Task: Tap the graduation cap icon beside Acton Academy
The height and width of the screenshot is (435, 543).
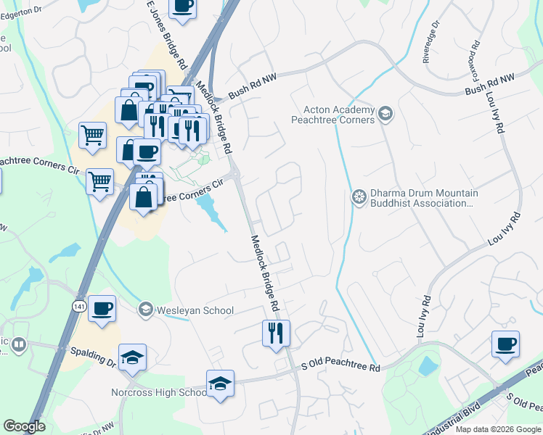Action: coord(385,113)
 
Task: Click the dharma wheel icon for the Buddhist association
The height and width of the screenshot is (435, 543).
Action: coord(359,196)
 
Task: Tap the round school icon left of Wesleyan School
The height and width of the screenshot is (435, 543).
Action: coord(146,310)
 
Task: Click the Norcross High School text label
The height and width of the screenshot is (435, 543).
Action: coord(159,392)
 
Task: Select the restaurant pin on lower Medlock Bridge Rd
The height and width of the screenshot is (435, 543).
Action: coord(276,333)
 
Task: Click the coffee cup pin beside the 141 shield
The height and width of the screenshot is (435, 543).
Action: coord(102,308)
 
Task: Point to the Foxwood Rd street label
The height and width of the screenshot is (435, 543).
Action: coord(478,52)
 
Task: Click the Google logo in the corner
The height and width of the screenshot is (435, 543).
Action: coord(25,426)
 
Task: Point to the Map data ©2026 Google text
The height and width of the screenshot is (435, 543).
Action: coord(498,429)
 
